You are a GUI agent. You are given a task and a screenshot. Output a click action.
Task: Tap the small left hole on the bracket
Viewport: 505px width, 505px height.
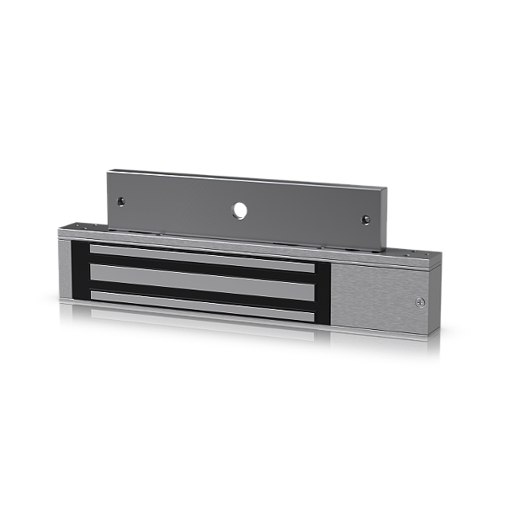[123, 201]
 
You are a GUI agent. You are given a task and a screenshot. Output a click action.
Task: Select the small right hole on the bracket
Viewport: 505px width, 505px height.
[366, 221]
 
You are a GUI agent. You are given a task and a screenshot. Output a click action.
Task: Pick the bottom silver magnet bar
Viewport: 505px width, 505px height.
[202, 298]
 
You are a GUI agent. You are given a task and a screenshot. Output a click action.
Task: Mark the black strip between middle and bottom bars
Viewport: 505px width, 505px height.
[202, 287]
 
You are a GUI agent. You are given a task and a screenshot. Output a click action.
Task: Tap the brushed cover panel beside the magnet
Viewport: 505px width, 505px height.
[375, 295]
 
